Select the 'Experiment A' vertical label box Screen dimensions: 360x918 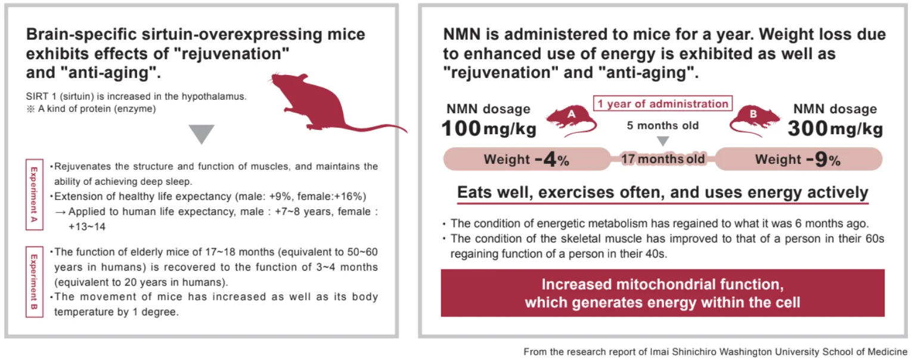point(34,194)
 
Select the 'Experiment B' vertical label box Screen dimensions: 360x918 point(34,280)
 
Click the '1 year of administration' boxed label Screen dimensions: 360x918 point(662,104)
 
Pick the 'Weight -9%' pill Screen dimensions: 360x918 point(798,160)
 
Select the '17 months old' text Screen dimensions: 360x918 point(662,159)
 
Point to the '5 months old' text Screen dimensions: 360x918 point(662,126)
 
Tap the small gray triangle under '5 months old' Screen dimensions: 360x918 point(662,141)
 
